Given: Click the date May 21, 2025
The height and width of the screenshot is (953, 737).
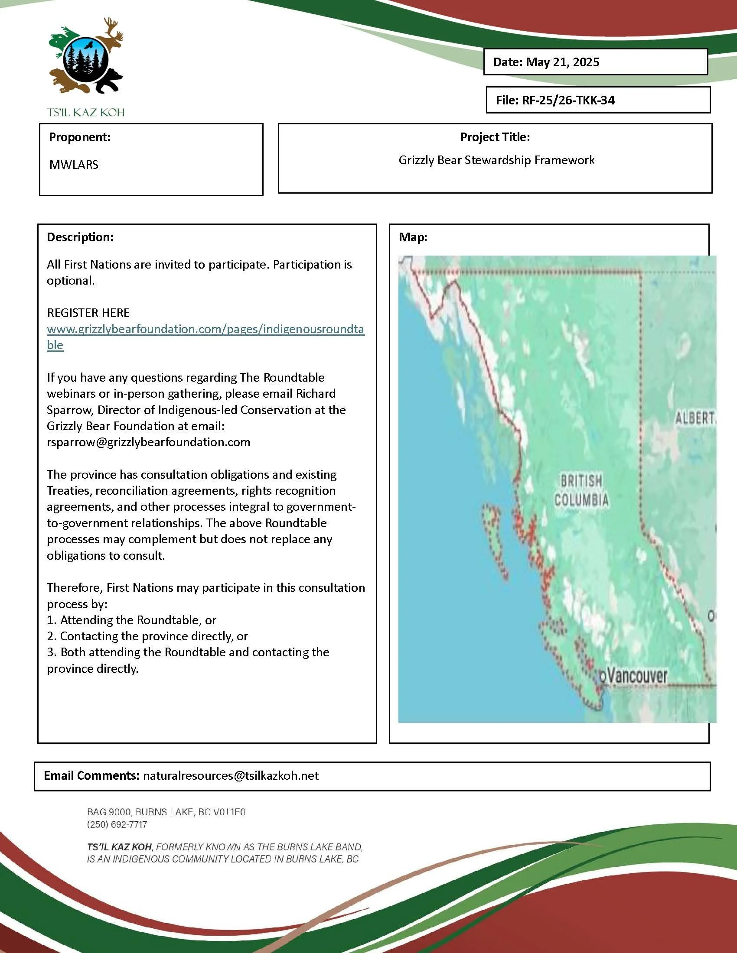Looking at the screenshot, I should pos(562,62).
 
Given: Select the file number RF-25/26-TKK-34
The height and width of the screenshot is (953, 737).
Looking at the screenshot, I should pos(568,100).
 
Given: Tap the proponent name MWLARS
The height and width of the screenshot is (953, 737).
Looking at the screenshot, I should pos(74,165).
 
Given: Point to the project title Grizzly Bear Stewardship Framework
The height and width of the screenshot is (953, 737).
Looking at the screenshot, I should pos(496,160).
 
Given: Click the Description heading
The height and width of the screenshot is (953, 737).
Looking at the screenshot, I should pos(80,237).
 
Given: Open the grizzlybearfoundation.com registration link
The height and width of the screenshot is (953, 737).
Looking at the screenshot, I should pos(205,330).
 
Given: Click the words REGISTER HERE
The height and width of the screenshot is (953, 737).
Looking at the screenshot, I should pos(88,313).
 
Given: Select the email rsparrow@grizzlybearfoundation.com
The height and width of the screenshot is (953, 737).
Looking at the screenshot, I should pos(148,442).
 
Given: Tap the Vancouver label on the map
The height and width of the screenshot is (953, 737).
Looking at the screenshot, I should pos(636,676).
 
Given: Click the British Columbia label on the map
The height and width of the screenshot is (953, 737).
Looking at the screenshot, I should pos(581,490).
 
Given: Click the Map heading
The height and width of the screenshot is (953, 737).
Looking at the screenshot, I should pos(413,237).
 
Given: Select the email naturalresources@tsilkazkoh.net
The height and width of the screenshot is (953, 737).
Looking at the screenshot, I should pos(231,775).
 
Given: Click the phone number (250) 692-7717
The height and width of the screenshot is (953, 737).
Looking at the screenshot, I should pos(117,824).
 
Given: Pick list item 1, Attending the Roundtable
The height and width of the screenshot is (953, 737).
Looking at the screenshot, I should pos(131,620).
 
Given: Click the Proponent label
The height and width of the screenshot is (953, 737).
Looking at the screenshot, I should pos(79,137).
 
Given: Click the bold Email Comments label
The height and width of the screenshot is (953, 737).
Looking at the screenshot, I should pos(91,775).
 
